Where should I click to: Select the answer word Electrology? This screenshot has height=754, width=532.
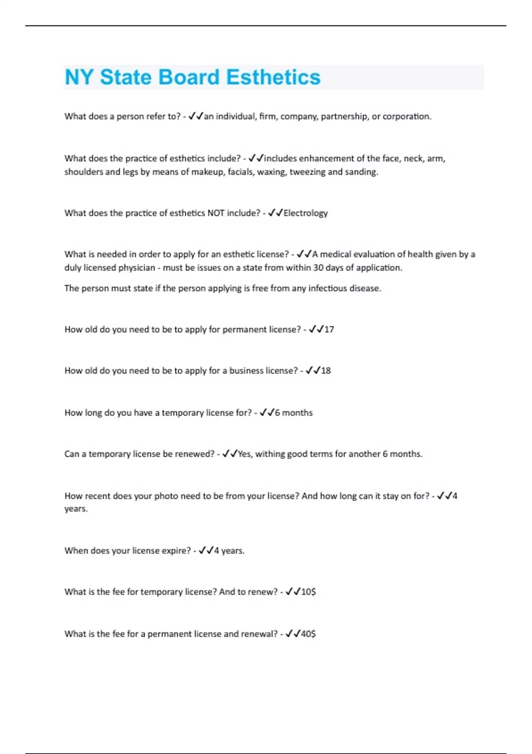click(x=305, y=213)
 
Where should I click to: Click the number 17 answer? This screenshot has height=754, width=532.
click(x=329, y=330)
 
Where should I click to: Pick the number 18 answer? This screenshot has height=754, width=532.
click(x=326, y=371)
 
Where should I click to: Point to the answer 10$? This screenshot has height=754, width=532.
click(x=309, y=592)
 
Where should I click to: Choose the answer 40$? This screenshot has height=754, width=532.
click(x=309, y=634)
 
